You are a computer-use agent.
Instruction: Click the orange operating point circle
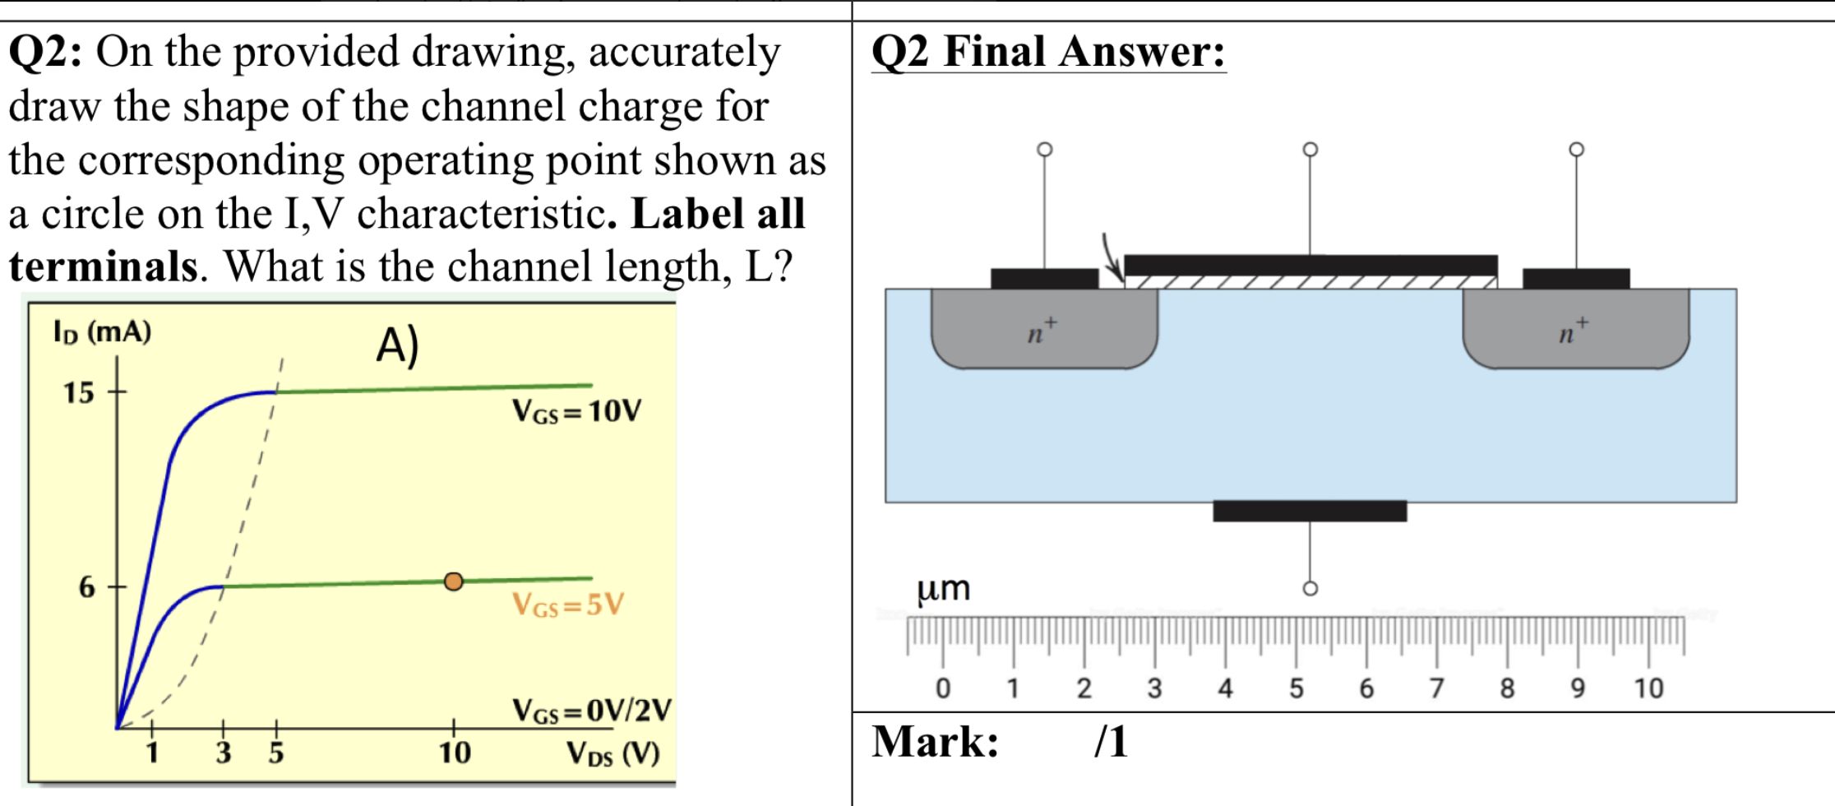tap(453, 581)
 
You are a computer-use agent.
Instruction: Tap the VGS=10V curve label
tap(575, 410)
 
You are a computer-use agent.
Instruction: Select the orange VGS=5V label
tap(567, 604)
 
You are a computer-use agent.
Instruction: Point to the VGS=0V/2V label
tap(591, 710)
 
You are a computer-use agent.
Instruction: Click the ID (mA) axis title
tap(102, 331)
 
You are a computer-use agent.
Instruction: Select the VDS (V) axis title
tap(612, 753)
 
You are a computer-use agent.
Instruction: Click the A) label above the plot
tap(398, 345)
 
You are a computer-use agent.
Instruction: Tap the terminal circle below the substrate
tap(1310, 588)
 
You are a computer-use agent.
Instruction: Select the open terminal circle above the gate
tap(1310, 149)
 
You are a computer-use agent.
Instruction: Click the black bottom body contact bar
tap(1309, 511)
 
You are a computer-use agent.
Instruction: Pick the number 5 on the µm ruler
tap(1296, 688)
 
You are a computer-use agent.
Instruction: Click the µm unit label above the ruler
tap(943, 589)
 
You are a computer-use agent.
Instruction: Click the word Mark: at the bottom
tap(935, 741)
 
